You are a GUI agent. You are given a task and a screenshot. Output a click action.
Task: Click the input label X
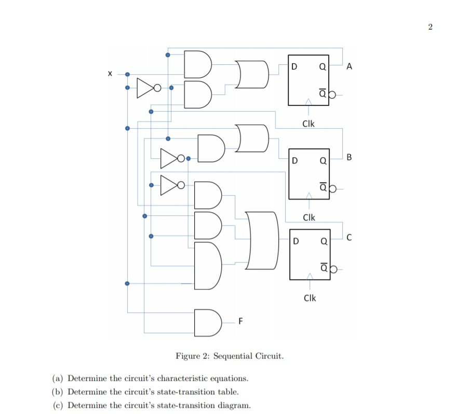109,75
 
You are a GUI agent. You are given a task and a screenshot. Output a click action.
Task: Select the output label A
349,66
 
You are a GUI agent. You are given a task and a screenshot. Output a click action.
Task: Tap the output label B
349,156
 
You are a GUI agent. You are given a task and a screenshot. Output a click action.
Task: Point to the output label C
349,238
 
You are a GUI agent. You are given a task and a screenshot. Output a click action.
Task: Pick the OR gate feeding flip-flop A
252,74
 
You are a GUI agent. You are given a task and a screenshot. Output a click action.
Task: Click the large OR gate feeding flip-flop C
262,240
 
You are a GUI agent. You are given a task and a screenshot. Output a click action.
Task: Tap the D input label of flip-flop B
296,160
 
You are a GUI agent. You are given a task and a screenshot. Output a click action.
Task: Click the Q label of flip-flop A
322,66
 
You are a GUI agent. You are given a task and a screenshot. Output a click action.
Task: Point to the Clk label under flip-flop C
309,298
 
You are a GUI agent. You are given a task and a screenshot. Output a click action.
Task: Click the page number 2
430,27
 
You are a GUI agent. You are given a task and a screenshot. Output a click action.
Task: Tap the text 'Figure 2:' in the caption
193,356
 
